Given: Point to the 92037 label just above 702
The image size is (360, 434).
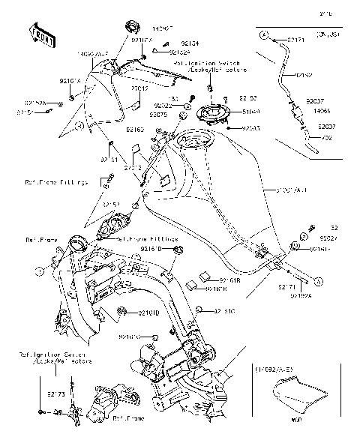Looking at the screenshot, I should pyautogui.click(x=324, y=127).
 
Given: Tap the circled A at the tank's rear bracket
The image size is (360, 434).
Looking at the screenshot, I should pyautogui.click(x=317, y=280).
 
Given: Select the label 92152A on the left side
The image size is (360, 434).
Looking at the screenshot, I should pyautogui.click(x=34, y=101).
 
